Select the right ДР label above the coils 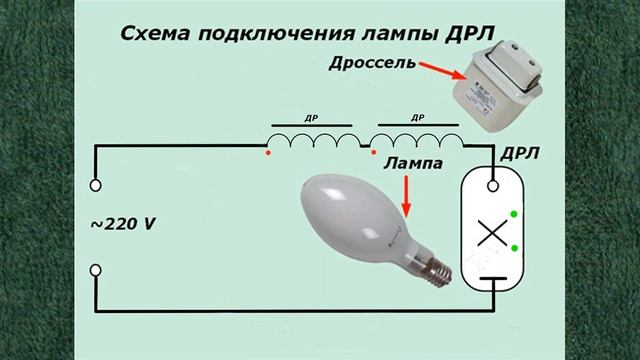(415, 117)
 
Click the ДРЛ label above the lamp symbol (519, 156)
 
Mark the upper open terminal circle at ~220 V (97, 184)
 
